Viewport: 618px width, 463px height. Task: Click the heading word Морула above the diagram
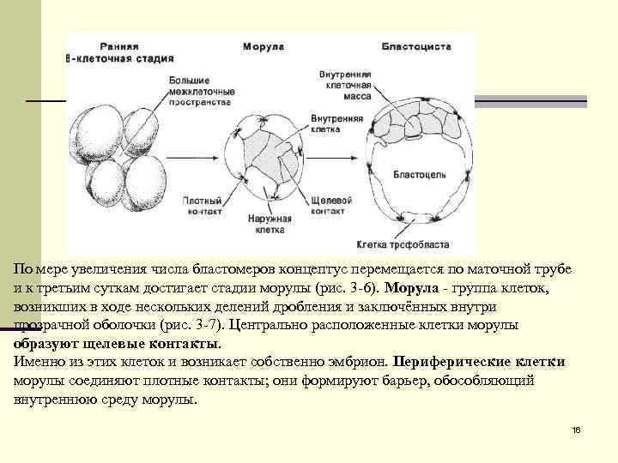(264, 46)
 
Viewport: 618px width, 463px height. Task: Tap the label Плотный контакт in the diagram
(203, 205)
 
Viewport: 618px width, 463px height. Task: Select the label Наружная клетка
(271, 225)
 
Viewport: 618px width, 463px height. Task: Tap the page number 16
(576, 428)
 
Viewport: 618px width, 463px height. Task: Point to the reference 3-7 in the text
(225, 325)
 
